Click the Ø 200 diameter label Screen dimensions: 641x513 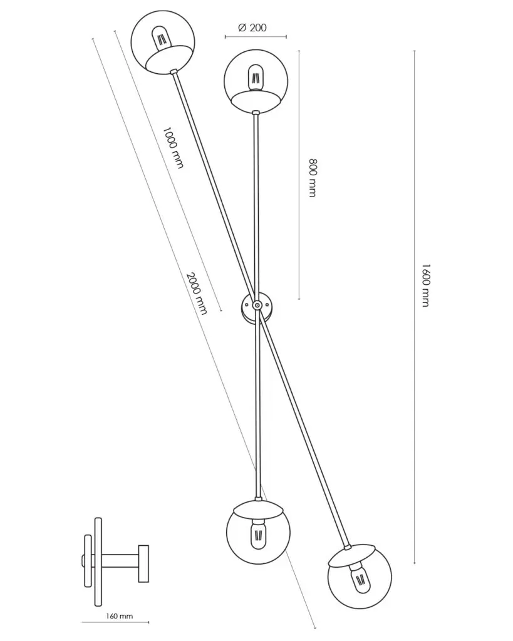[x=252, y=27]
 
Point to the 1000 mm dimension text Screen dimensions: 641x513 [x=173, y=148]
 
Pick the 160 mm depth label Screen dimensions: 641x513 [x=120, y=617]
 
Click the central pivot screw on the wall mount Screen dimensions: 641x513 [x=257, y=305]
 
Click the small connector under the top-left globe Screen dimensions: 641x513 [x=174, y=73]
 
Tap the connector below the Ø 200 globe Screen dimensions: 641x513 [x=256, y=113]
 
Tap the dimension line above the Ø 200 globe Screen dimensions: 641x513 [x=256, y=37]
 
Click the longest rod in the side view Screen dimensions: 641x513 [x=98, y=562]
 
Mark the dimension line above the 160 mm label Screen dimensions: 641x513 [x=115, y=622]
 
